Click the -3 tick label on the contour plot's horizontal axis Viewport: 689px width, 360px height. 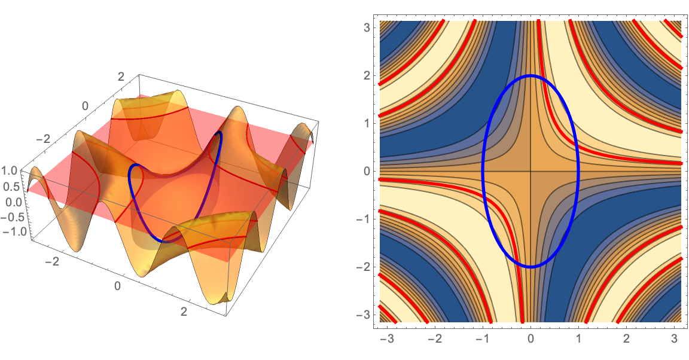click(x=385, y=340)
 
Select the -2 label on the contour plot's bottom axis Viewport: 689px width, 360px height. click(x=432, y=340)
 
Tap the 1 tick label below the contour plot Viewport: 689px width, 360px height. click(x=578, y=340)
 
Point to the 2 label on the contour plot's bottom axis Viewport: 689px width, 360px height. click(x=626, y=340)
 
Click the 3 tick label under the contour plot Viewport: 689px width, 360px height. click(x=674, y=340)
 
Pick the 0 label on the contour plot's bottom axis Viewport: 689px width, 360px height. click(x=531, y=340)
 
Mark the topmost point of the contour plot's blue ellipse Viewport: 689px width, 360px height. click(x=531, y=75)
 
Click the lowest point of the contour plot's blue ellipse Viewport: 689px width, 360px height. click(x=531, y=267)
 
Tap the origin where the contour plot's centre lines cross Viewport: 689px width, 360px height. click(x=531, y=171)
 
